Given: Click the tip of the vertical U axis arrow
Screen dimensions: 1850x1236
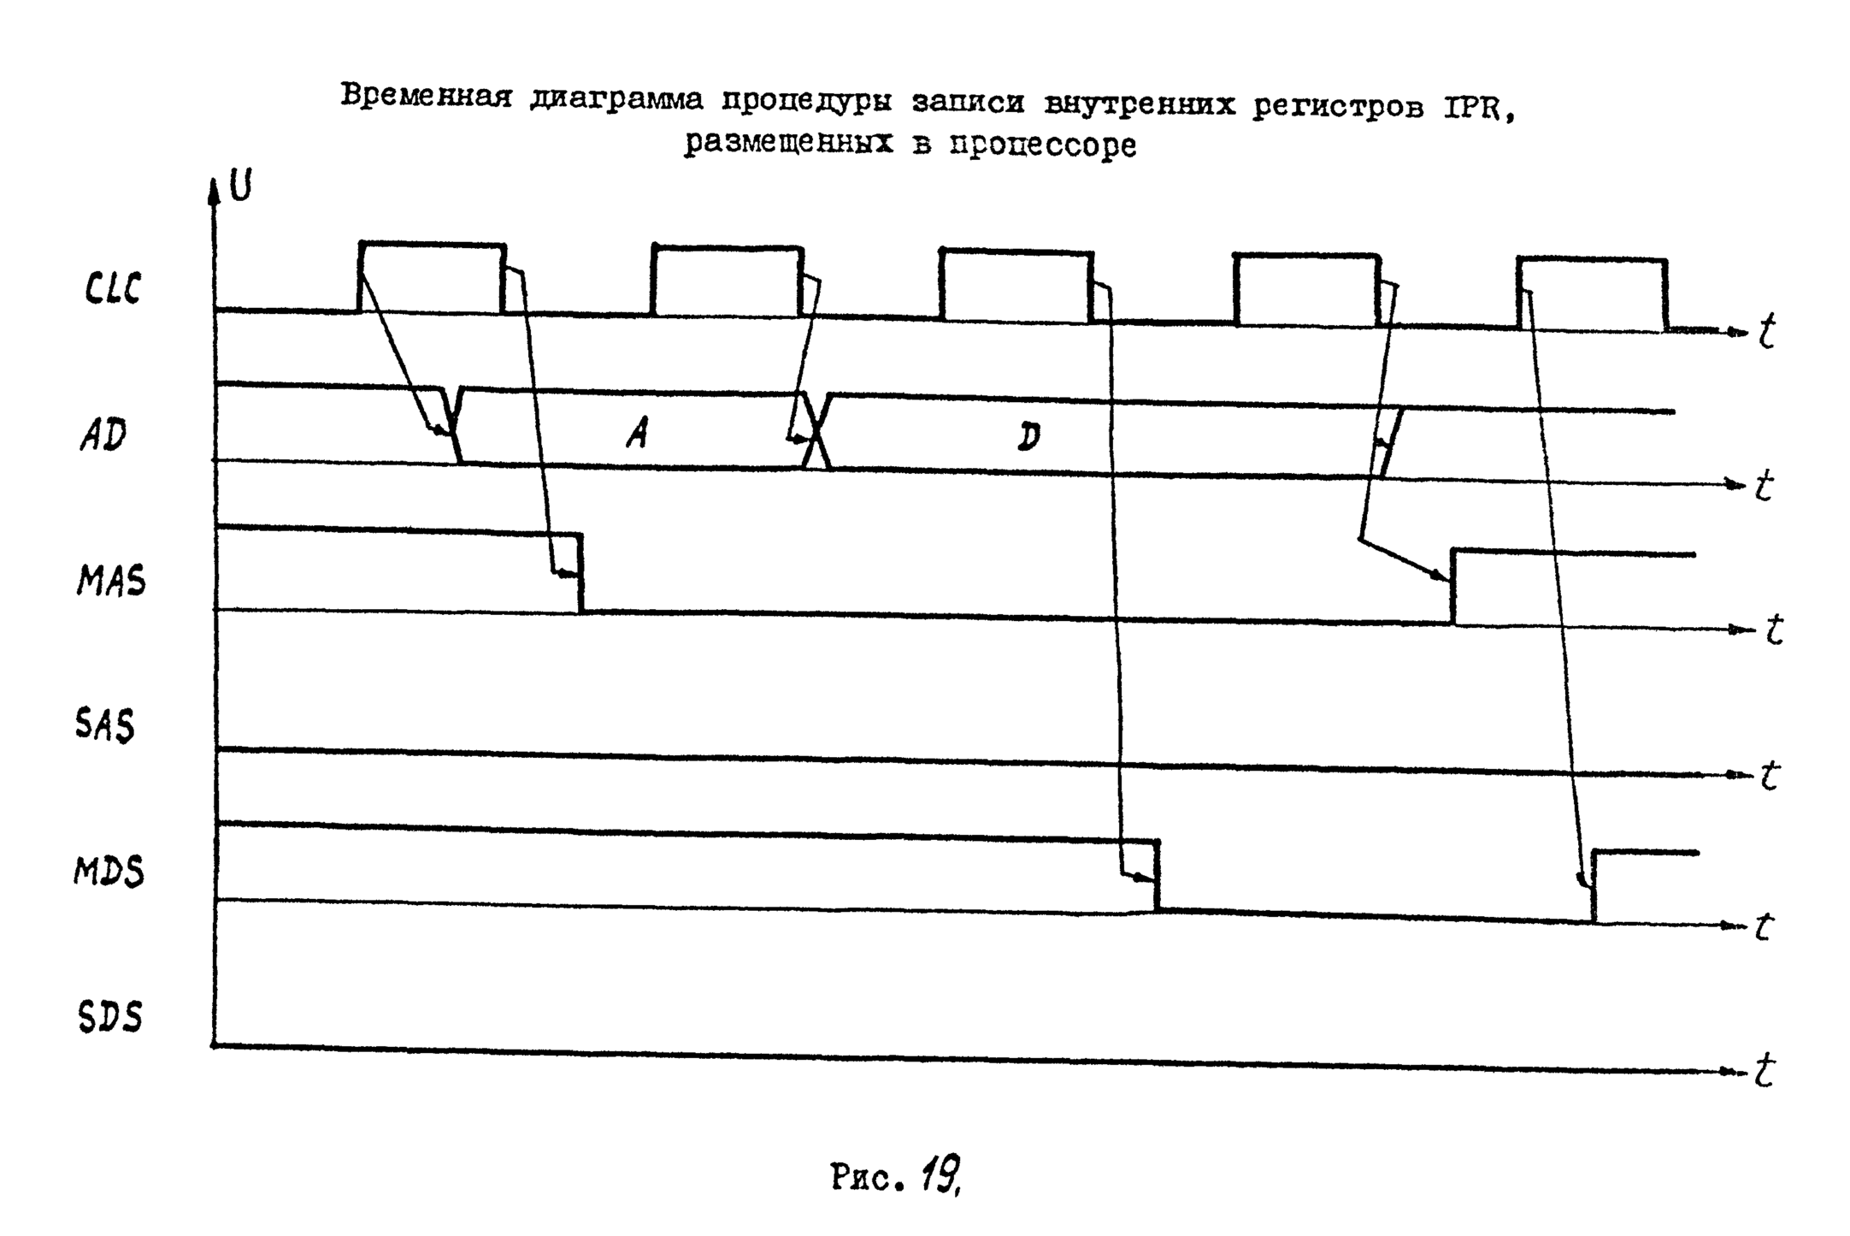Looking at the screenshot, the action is [214, 180].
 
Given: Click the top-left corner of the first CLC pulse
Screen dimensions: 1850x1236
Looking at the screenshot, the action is [361, 244].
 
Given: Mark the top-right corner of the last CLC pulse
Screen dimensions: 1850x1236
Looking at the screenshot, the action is [1666, 259].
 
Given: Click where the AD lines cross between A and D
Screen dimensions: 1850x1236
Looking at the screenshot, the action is [817, 431].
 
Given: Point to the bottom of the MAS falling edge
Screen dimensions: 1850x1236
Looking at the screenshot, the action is [581, 612].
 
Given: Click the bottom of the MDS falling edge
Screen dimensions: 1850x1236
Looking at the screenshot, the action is [1158, 910].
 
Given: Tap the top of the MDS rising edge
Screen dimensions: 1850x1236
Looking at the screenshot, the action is [1594, 853].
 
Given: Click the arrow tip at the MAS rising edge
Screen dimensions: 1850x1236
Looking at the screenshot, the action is [1452, 582].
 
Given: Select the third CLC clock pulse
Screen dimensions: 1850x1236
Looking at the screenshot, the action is [1016, 285].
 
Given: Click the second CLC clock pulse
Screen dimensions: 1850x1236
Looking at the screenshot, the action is [728, 281].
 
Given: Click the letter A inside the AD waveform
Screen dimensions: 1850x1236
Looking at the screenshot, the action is [637, 434].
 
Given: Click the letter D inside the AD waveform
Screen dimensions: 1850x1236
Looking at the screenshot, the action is [1029, 437].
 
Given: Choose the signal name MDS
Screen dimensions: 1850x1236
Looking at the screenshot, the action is [109, 872].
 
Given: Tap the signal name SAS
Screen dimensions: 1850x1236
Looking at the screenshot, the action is [105, 726].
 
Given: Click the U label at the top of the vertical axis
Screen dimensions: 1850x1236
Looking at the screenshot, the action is [241, 186].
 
